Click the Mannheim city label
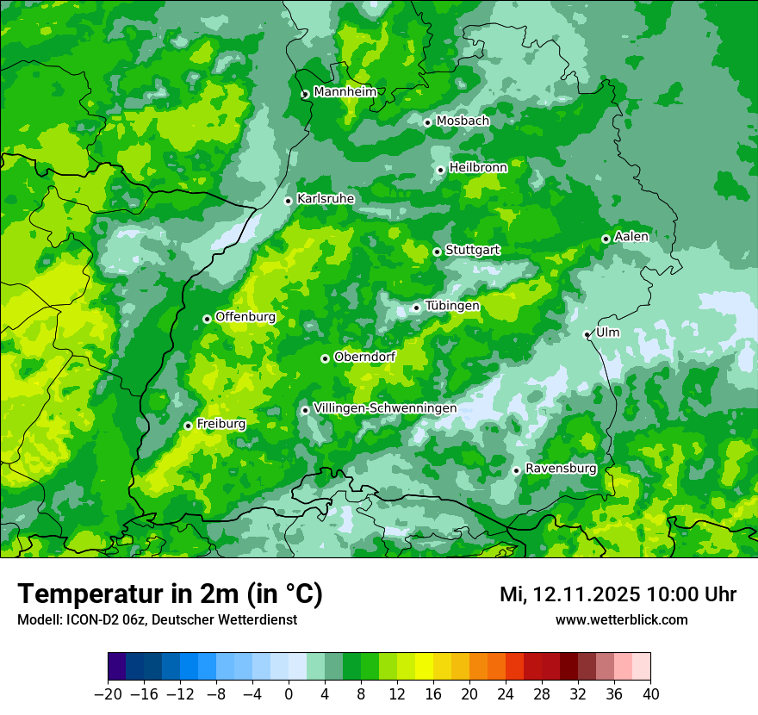pyautogui.click(x=345, y=92)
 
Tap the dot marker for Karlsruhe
pyautogui.click(x=289, y=201)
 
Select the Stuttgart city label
pyautogui.click(x=472, y=251)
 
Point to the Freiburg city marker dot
pyautogui.click(x=188, y=426)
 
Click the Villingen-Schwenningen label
pyautogui.click(x=385, y=408)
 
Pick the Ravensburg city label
pyautogui.click(x=561, y=469)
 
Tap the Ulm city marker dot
pyautogui.click(x=587, y=334)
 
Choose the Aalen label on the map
pyautogui.click(x=631, y=237)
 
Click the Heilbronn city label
pyautogui.click(x=478, y=168)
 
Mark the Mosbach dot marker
pyautogui.click(x=427, y=122)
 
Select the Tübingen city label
pyautogui.click(x=452, y=306)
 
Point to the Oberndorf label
pyautogui.click(x=364, y=357)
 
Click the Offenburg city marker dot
pyautogui.click(x=207, y=319)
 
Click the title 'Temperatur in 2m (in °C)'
pyautogui.click(x=170, y=594)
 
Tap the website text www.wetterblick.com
pyautogui.click(x=621, y=620)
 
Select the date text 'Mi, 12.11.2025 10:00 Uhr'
pyautogui.click(x=618, y=594)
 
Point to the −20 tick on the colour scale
pyautogui.click(x=108, y=694)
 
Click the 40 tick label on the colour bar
pyautogui.click(x=650, y=694)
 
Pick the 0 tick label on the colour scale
pyautogui.click(x=289, y=694)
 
